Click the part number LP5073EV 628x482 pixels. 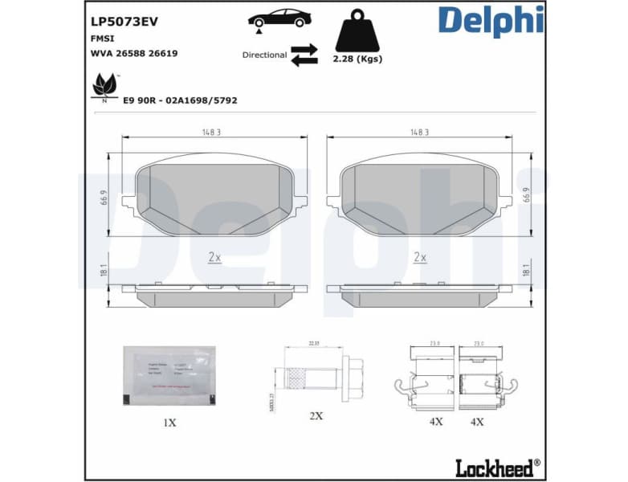coord(124,22)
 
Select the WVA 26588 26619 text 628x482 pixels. coord(135,53)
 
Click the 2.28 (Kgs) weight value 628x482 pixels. coord(357,59)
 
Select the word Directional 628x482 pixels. coord(264,55)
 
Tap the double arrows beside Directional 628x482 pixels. coord(304,55)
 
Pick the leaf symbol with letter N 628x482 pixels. coord(105,86)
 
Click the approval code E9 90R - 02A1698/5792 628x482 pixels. coord(179,100)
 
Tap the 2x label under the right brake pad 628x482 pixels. coord(419,257)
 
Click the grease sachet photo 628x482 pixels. coord(169,375)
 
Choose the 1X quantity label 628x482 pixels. coord(169,421)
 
